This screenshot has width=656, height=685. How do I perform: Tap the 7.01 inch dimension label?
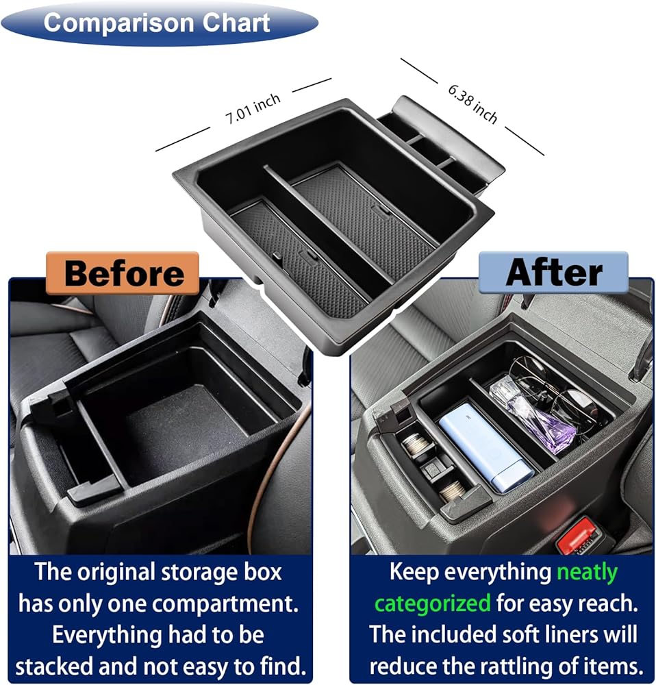(x=253, y=110)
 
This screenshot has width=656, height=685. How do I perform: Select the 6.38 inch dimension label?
(x=472, y=104)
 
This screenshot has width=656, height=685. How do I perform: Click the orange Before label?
(x=123, y=273)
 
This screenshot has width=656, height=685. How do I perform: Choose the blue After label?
(x=553, y=272)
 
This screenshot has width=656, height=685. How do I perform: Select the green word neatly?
(x=587, y=573)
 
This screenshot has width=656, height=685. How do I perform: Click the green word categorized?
(x=433, y=603)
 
